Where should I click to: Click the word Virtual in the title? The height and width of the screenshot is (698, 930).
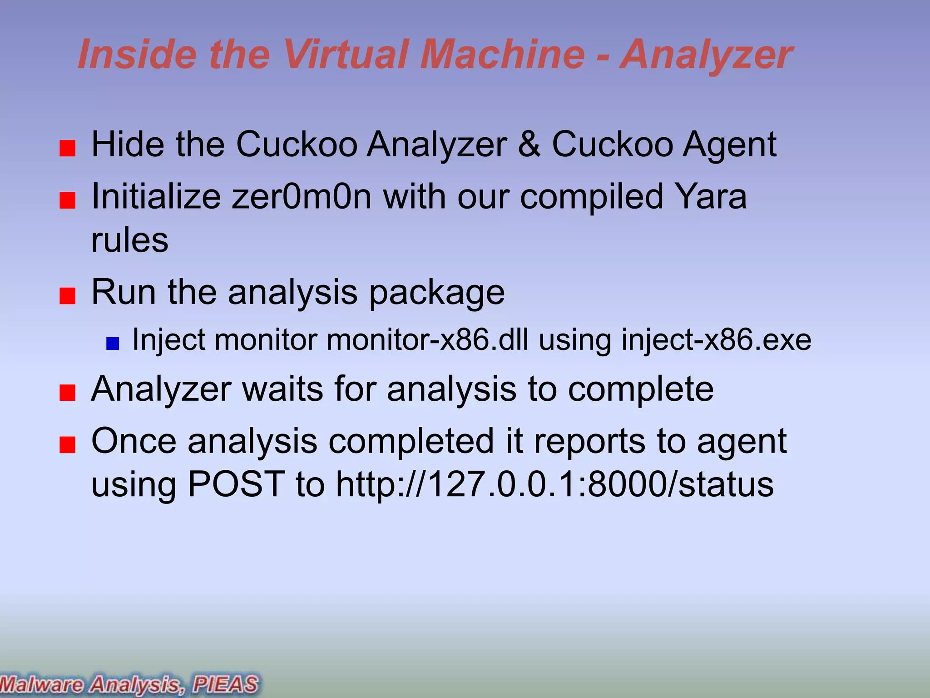coord(346,55)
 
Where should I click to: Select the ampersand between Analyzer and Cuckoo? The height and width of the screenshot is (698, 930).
coord(529,145)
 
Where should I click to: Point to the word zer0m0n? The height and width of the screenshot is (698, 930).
coord(302,197)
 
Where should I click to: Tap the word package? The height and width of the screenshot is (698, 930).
coord(436,294)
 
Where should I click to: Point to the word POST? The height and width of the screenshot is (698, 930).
coord(236,484)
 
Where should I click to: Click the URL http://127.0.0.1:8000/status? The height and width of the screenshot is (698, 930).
coord(554,484)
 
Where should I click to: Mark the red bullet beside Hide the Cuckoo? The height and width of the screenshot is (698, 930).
coord(67,149)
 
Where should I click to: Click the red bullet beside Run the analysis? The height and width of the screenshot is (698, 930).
coord(67,296)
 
